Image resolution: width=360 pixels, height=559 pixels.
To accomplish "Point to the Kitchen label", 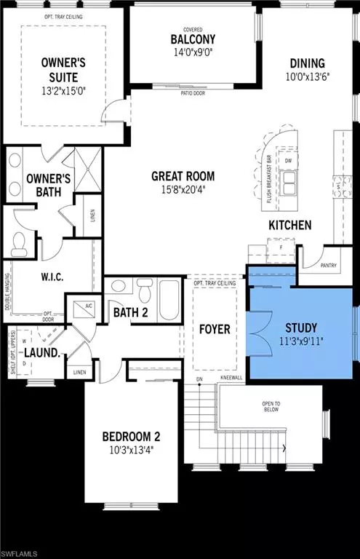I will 289,225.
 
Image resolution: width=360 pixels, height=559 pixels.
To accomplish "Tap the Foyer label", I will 215,329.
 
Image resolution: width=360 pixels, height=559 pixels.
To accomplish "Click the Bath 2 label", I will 131,313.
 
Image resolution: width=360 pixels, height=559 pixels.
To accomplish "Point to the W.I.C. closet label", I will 43,277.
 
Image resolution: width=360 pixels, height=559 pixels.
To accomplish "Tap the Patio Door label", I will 191,92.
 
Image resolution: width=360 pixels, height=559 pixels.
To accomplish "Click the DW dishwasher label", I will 289,162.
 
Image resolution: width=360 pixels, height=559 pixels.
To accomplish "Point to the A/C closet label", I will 77,306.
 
